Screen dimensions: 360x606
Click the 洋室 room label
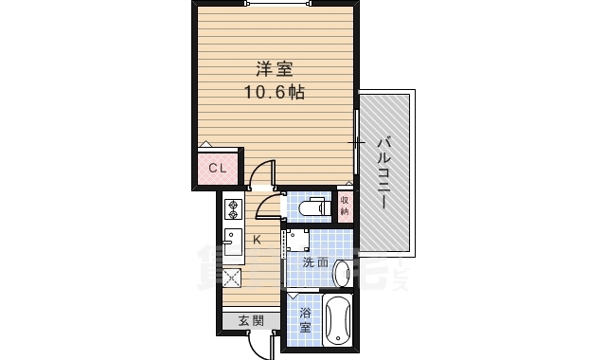(x=274, y=69)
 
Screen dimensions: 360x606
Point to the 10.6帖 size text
(x=274, y=93)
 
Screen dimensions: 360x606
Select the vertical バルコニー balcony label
(x=383, y=171)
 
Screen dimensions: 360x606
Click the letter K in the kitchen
(x=257, y=239)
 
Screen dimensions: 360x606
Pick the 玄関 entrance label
(x=251, y=320)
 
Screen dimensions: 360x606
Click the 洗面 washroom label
(x=316, y=261)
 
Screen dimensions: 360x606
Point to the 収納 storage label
(x=346, y=205)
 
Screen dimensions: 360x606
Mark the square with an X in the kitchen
(x=233, y=279)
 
